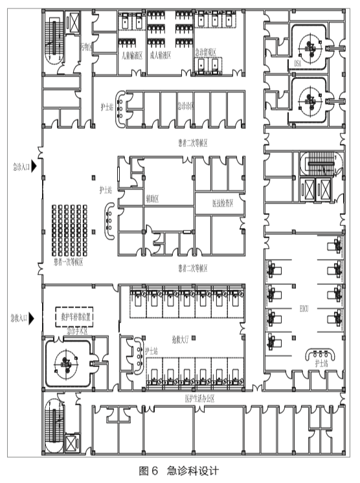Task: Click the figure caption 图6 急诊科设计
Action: [179, 471]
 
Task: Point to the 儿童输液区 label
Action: [131, 56]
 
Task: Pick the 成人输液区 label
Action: [160, 56]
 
